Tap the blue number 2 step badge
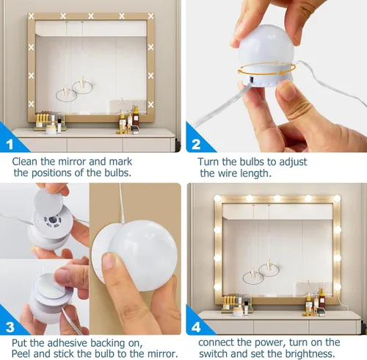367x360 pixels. pyautogui.click(x=195, y=145)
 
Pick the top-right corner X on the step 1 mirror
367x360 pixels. pyautogui.click(x=150, y=16)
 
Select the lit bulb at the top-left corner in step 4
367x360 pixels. pyautogui.click(x=218, y=198)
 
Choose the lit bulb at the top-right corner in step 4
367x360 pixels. pyautogui.click(x=336, y=198)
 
